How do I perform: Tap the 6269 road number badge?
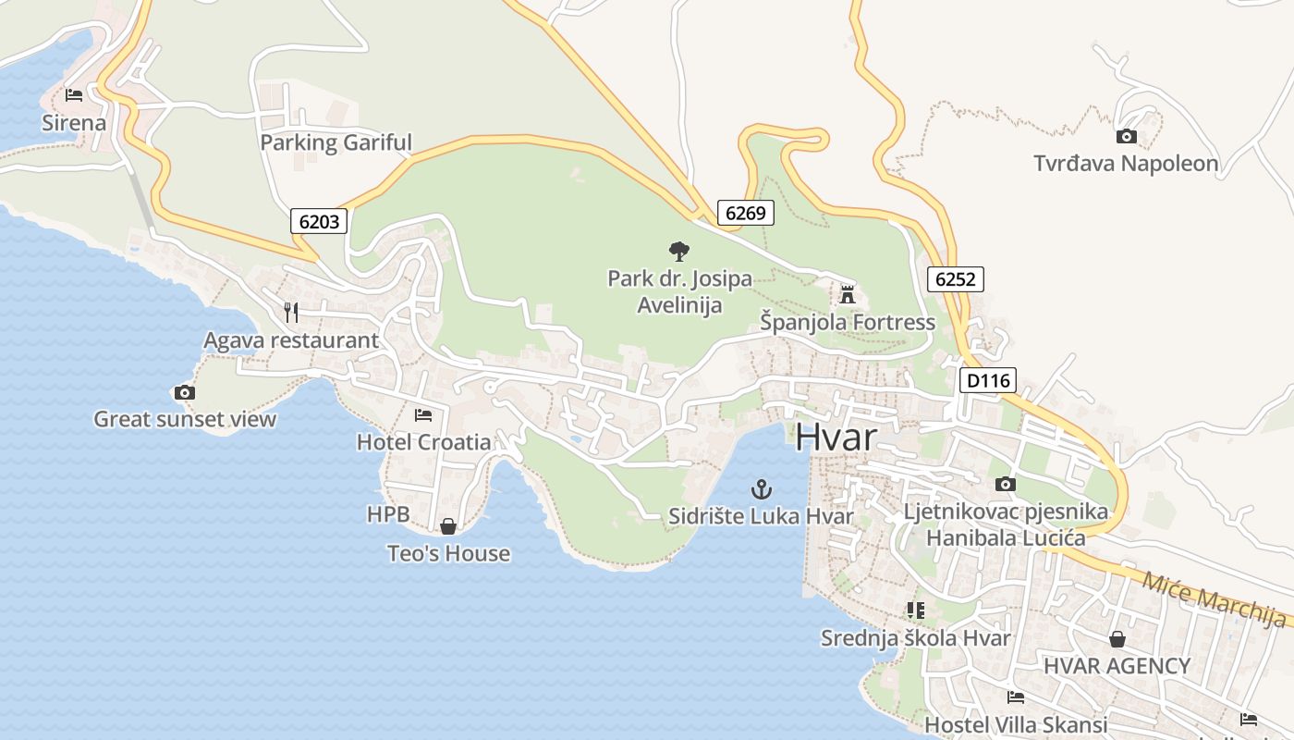point(745,213)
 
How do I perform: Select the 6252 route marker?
point(956,279)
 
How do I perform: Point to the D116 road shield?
point(988,380)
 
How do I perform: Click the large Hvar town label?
point(836,437)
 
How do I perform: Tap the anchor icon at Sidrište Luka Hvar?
point(761,488)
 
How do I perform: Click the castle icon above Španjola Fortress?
point(847,295)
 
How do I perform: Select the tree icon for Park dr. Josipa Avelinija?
point(679,251)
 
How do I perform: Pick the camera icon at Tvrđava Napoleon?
point(1126,137)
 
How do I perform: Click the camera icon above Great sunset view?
point(185,392)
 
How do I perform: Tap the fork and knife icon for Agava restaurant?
point(291,313)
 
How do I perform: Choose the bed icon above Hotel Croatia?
point(423,414)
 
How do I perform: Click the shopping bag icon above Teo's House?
point(448,526)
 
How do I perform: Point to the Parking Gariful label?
point(336,142)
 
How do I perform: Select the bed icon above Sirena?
point(74,95)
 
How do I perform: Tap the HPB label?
point(388,514)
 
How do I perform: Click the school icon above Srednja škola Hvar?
point(915,610)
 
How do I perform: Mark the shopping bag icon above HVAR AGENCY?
point(1117,639)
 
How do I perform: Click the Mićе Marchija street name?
point(1214,599)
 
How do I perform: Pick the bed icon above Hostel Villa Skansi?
point(1016,697)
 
